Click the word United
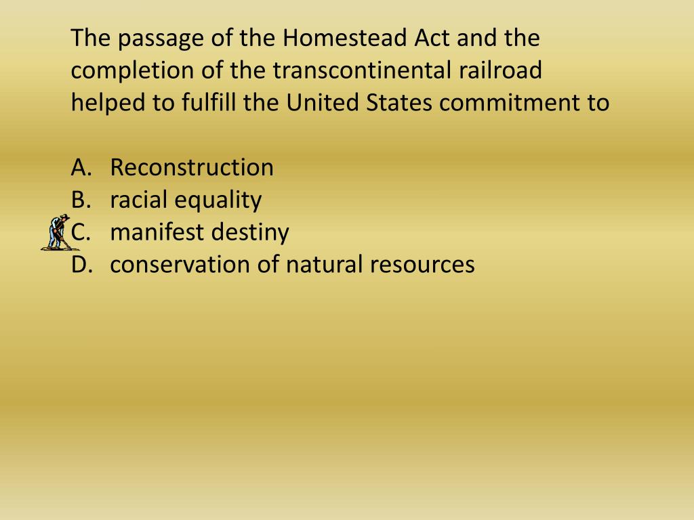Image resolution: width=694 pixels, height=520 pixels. point(323,103)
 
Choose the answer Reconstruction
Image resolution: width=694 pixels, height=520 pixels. point(192,167)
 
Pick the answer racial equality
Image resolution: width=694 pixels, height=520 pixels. point(186,200)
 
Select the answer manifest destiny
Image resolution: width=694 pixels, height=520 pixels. point(199,232)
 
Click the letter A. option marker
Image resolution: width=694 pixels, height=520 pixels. point(80,167)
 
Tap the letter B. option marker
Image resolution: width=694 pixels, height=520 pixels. point(80,200)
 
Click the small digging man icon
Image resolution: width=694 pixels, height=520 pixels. point(56,232)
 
